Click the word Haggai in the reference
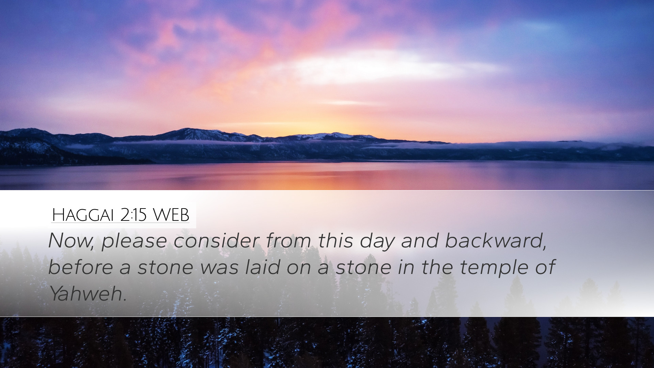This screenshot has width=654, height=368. coord(82,215)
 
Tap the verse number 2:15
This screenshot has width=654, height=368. coord(134,215)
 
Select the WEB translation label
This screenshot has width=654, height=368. coord(171,215)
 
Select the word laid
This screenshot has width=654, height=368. coord(263,267)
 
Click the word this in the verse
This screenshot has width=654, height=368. coord(336,241)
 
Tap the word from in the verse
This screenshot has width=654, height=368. coord(288,241)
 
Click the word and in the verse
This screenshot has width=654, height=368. coord(420,241)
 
